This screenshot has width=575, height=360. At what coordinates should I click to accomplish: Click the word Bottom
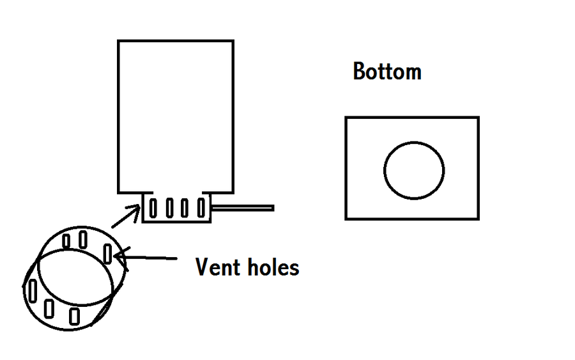click(x=387, y=72)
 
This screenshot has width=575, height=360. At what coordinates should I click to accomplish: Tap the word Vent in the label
click(x=216, y=267)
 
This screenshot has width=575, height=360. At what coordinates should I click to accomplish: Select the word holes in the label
click(x=271, y=267)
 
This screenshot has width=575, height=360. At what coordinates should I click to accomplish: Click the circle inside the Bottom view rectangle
click(x=414, y=170)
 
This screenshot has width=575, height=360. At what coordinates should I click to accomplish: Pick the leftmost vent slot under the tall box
click(x=153, y=208)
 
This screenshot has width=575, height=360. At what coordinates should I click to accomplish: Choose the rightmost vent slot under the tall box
click(x=201, y=208)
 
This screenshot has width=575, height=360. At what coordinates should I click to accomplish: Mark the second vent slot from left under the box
click(x=169, y=208)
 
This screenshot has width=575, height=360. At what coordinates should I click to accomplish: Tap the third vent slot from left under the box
click(x=185, y=208)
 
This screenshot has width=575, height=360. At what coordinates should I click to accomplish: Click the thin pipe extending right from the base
click(x=243, y=208)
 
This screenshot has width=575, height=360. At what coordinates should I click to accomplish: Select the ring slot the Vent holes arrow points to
click(x=107, y=253)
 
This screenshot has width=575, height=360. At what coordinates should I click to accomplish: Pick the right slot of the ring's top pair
click(x=83, y=239)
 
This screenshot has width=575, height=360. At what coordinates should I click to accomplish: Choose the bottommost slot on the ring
click(x=75, y=315)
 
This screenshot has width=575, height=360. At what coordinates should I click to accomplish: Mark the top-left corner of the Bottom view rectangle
click(x=346, y=118)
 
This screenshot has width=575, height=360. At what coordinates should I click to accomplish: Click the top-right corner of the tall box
click(x=233, y=42)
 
